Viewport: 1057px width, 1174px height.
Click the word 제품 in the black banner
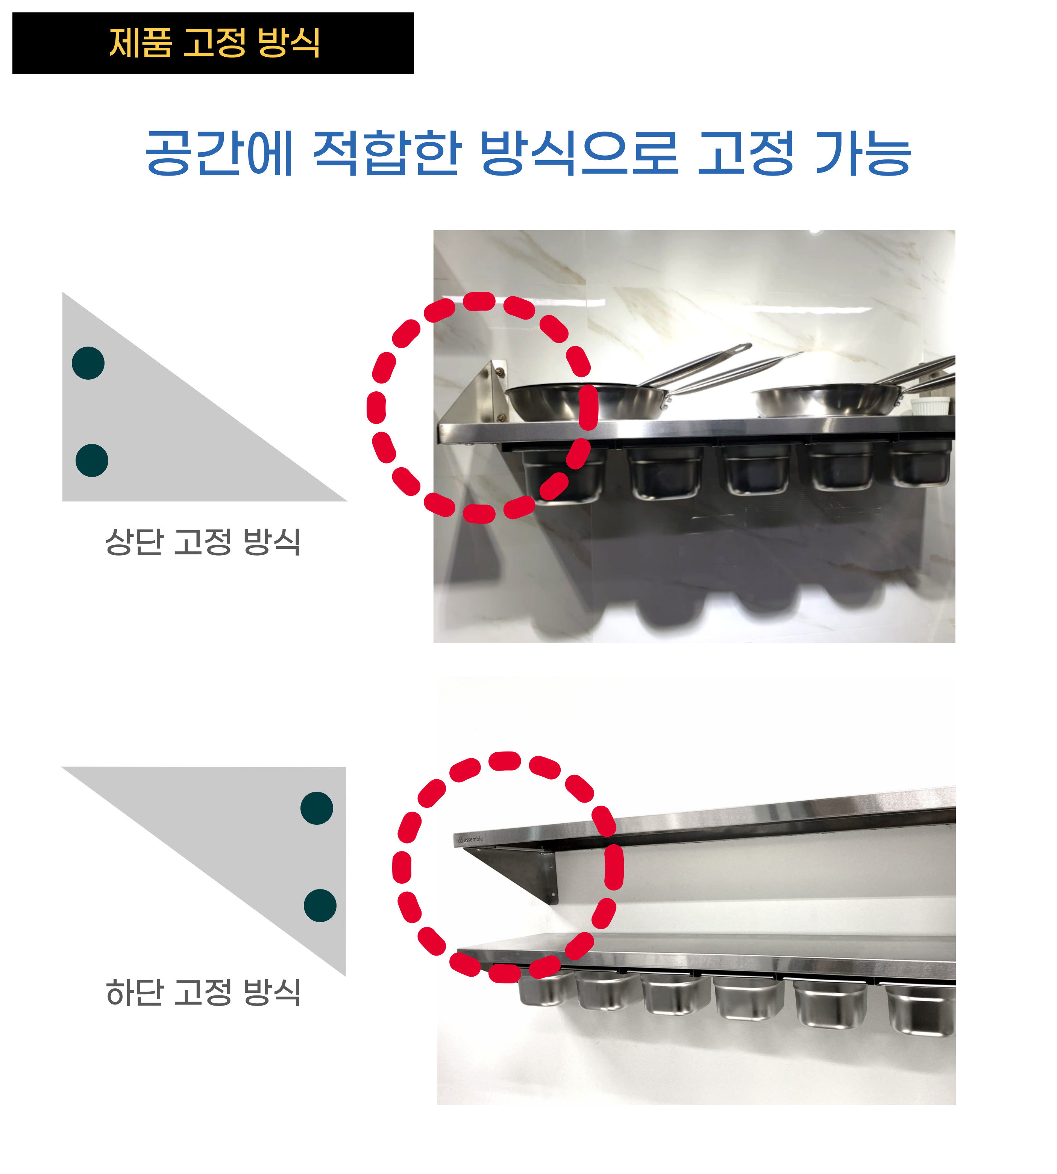[x=141, y=42]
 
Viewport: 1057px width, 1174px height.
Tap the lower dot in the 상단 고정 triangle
[x=92, y=461]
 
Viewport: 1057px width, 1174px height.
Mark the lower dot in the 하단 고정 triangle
[x=320, y=905]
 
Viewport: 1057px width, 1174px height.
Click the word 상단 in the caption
[x=133, y=542]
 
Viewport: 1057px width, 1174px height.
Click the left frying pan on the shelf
[x=587, y=401]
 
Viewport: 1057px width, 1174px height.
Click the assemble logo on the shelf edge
[x=469, y=839]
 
